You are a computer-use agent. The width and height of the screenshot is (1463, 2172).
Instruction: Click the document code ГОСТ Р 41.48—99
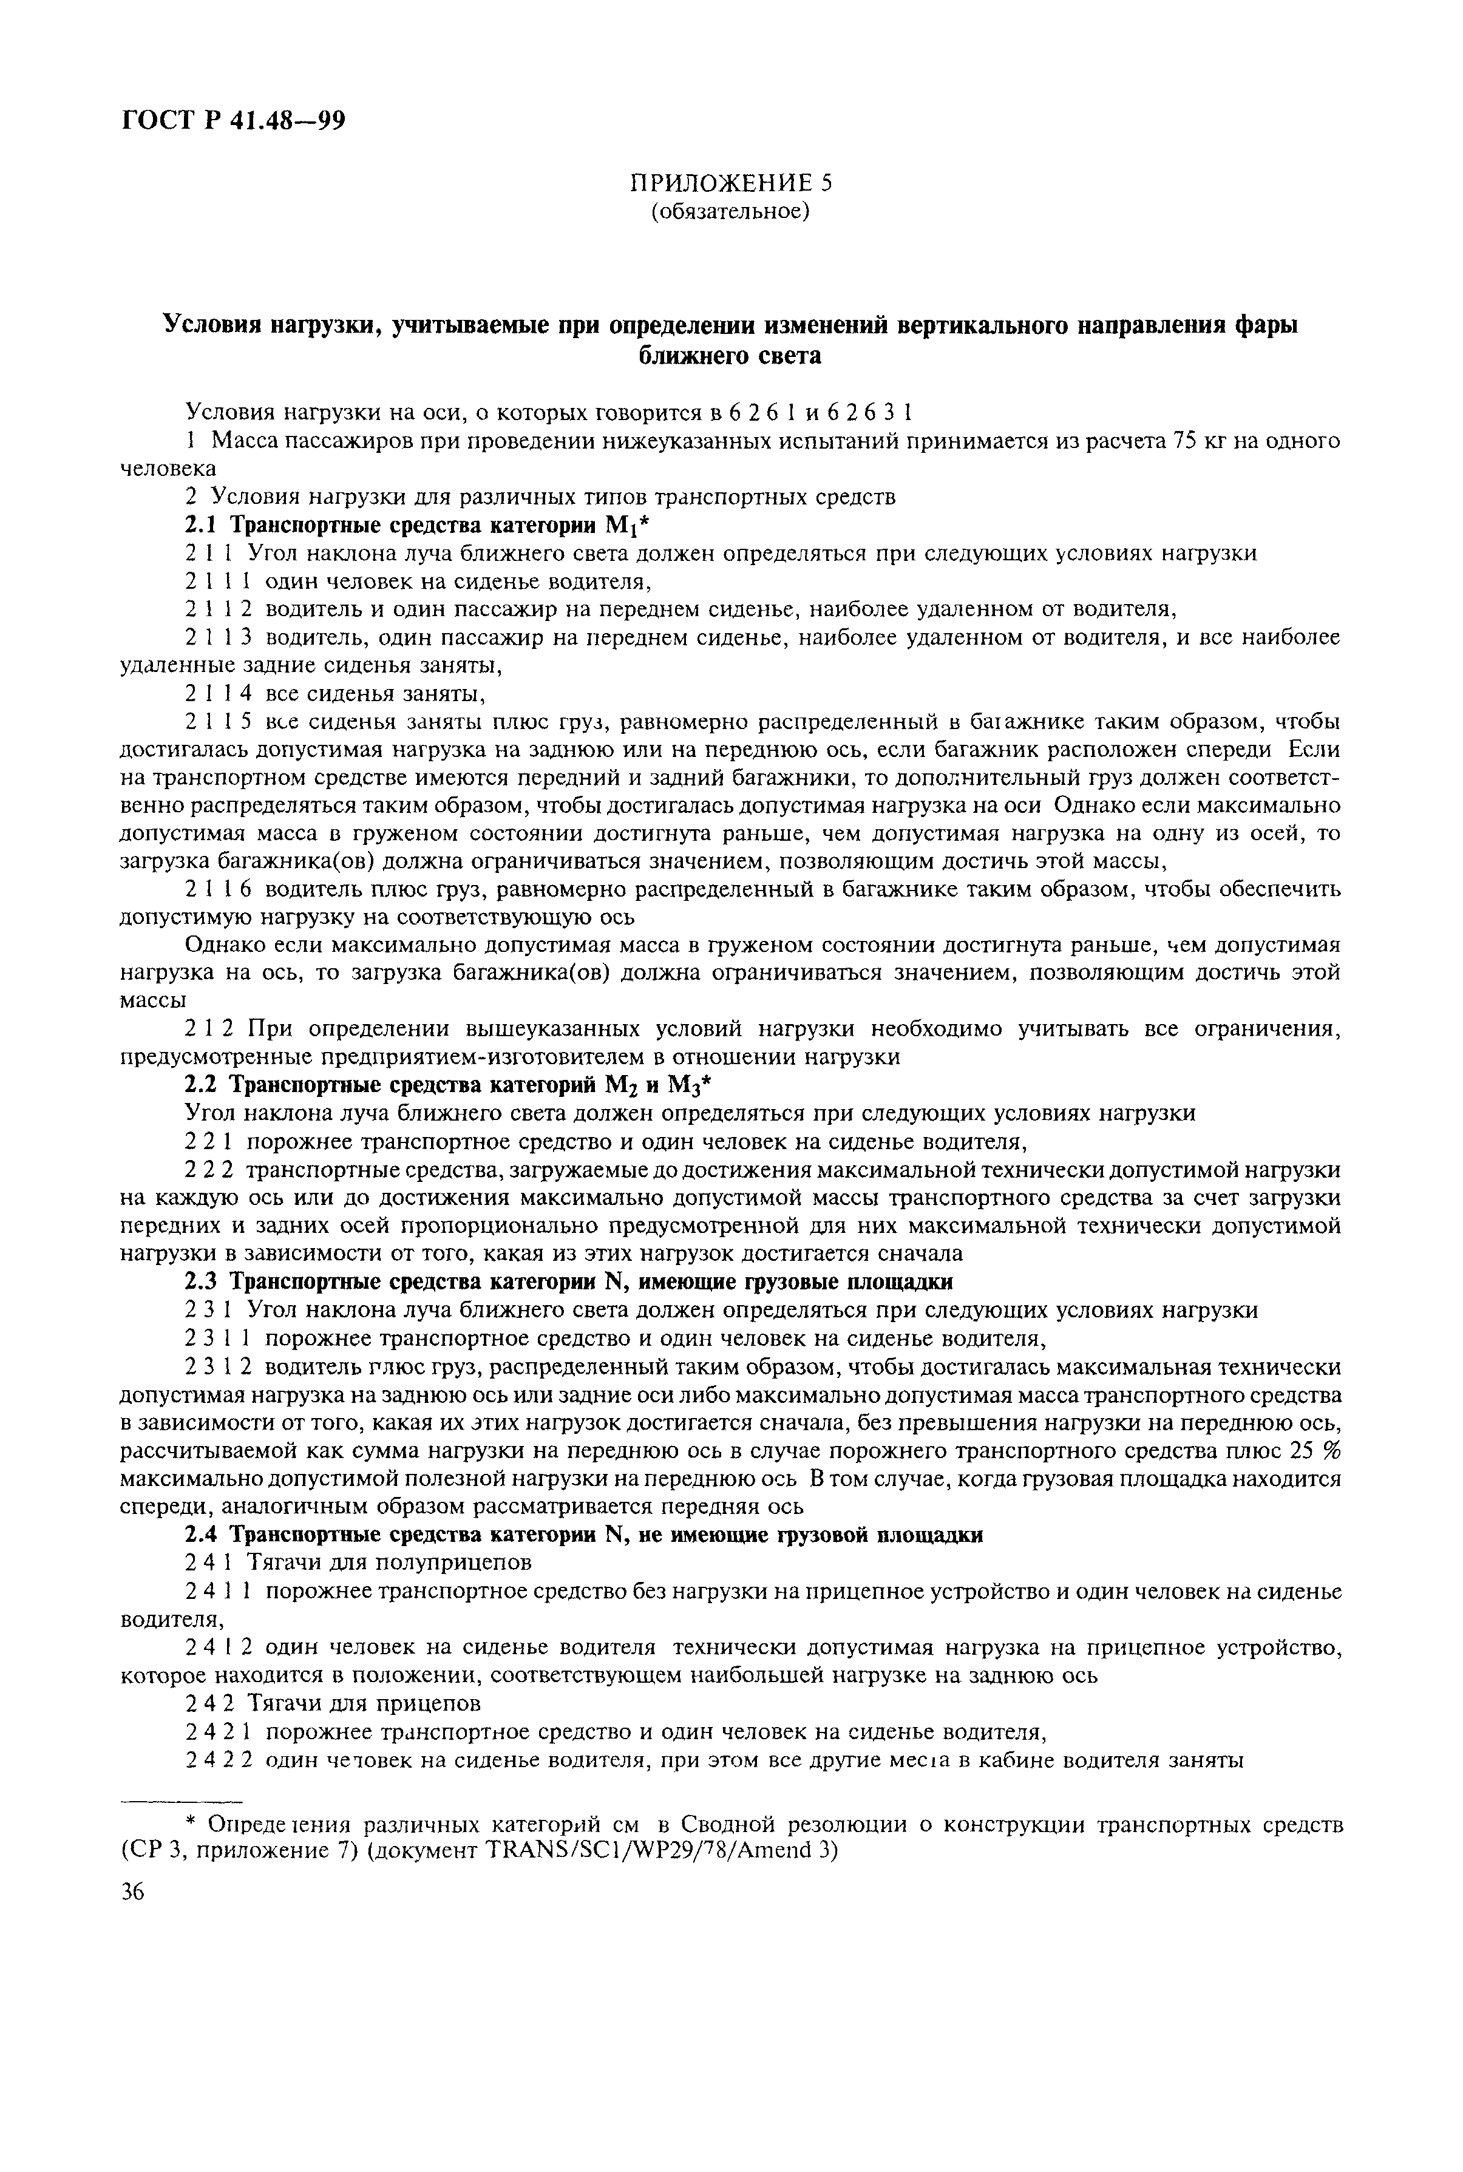click(x=233, y=120)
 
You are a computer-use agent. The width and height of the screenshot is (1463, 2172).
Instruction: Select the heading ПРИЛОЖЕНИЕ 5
click(x=730, y=183)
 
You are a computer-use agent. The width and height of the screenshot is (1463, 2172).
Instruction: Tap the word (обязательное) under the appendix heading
click(x=730, y=212)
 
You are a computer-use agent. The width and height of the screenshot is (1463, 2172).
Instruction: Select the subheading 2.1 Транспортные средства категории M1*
click(x=424, y=525)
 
